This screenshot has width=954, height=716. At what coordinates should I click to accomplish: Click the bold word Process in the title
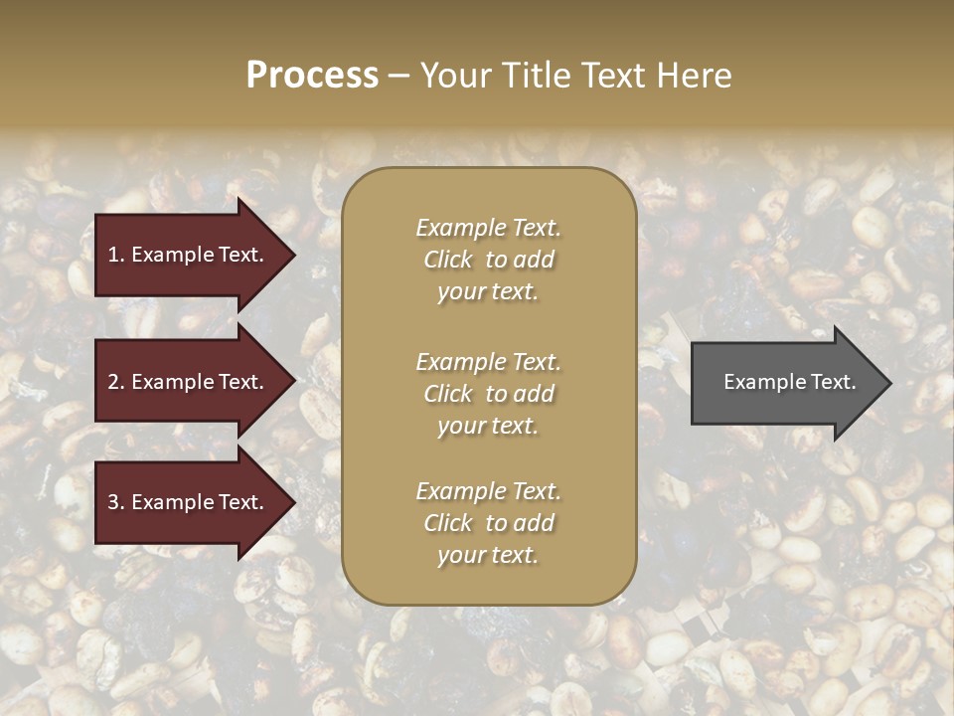click(312, 76)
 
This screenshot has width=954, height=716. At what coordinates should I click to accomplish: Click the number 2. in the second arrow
click(116, 382)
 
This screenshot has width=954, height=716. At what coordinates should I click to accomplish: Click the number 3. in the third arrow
click(116, 502)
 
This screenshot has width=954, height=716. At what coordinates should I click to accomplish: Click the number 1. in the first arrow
click(115, 255)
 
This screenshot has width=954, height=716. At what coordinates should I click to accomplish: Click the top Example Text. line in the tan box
click(488, 228)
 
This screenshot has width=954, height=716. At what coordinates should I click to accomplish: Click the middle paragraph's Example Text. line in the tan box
click(488, 362)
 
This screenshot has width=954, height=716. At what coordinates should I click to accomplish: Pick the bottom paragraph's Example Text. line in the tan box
click(488, 491)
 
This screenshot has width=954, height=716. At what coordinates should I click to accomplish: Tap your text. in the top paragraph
click(487, 292)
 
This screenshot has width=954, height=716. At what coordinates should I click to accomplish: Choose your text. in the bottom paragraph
click(487, 556)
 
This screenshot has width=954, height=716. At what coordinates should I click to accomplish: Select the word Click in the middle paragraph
click(448, 394)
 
